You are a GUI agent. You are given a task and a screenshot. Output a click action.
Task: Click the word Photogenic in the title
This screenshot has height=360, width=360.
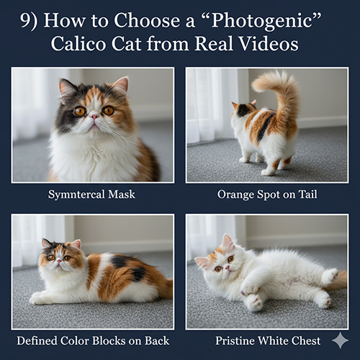click(264, 21)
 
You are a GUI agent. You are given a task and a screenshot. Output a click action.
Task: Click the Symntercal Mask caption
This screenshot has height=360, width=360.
click(91, 194)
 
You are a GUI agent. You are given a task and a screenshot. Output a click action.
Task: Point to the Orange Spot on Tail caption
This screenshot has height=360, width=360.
click(267, 194)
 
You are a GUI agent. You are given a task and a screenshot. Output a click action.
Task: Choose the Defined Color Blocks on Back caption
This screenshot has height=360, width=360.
click(93, 341)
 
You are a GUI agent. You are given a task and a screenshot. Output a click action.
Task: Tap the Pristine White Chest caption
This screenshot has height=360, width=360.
click(268, 341)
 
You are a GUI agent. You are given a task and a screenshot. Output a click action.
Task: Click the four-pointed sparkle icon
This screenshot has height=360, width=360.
click(340, 340)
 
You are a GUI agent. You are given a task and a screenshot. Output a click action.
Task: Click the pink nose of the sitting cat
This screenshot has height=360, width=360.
click(94, 117)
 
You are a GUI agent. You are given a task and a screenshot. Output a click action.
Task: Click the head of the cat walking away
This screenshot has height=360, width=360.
click(243, 109)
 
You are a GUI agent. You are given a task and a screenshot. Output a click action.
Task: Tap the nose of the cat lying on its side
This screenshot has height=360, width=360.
click(227, 267)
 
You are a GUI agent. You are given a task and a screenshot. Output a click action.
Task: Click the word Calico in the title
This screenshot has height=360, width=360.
click(78, 44)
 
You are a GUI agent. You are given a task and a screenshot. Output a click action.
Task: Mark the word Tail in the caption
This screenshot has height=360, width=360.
click(307, 194)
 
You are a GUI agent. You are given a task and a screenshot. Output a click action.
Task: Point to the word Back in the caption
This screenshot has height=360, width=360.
click(157, 341)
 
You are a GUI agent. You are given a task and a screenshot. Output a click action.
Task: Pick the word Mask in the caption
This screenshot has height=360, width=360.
click(122, 194)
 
